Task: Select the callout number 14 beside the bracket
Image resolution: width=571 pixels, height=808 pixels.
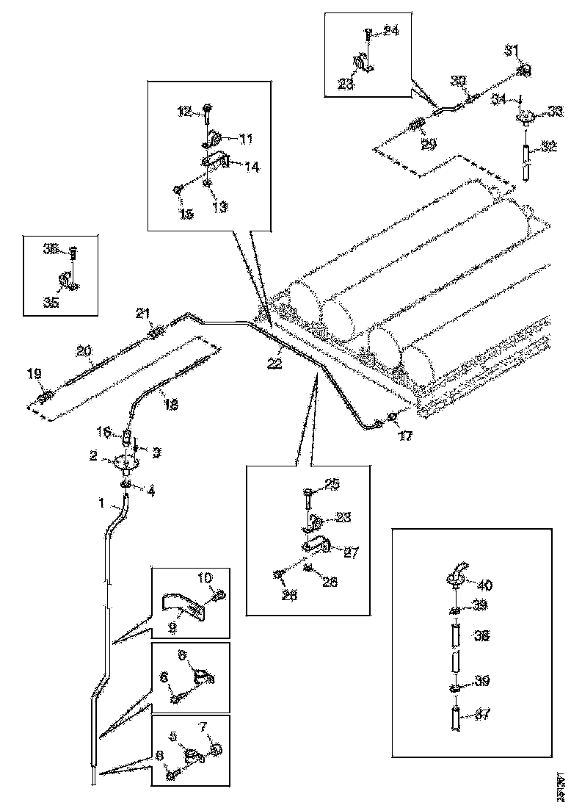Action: tap(252, 167)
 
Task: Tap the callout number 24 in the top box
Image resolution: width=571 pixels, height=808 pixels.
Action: tap(391, 32)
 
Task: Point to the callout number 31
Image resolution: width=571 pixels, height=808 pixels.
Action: tap(511, 50)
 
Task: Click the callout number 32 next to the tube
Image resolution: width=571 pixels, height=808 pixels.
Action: tap(550, 146)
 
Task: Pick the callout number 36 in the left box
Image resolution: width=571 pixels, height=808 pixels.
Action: tap(50, 249)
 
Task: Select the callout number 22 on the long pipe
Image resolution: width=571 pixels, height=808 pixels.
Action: tap(274, 364)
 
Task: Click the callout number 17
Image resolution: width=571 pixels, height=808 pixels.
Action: tap(405, 435)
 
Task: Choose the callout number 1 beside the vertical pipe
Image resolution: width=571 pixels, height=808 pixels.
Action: tap(101, 505)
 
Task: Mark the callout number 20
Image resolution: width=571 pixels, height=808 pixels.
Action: tap(85, 352)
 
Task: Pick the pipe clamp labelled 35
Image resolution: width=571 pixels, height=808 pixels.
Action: tap(68, 282)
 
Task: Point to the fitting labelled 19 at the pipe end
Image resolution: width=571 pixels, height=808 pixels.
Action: tap(43, 397)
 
